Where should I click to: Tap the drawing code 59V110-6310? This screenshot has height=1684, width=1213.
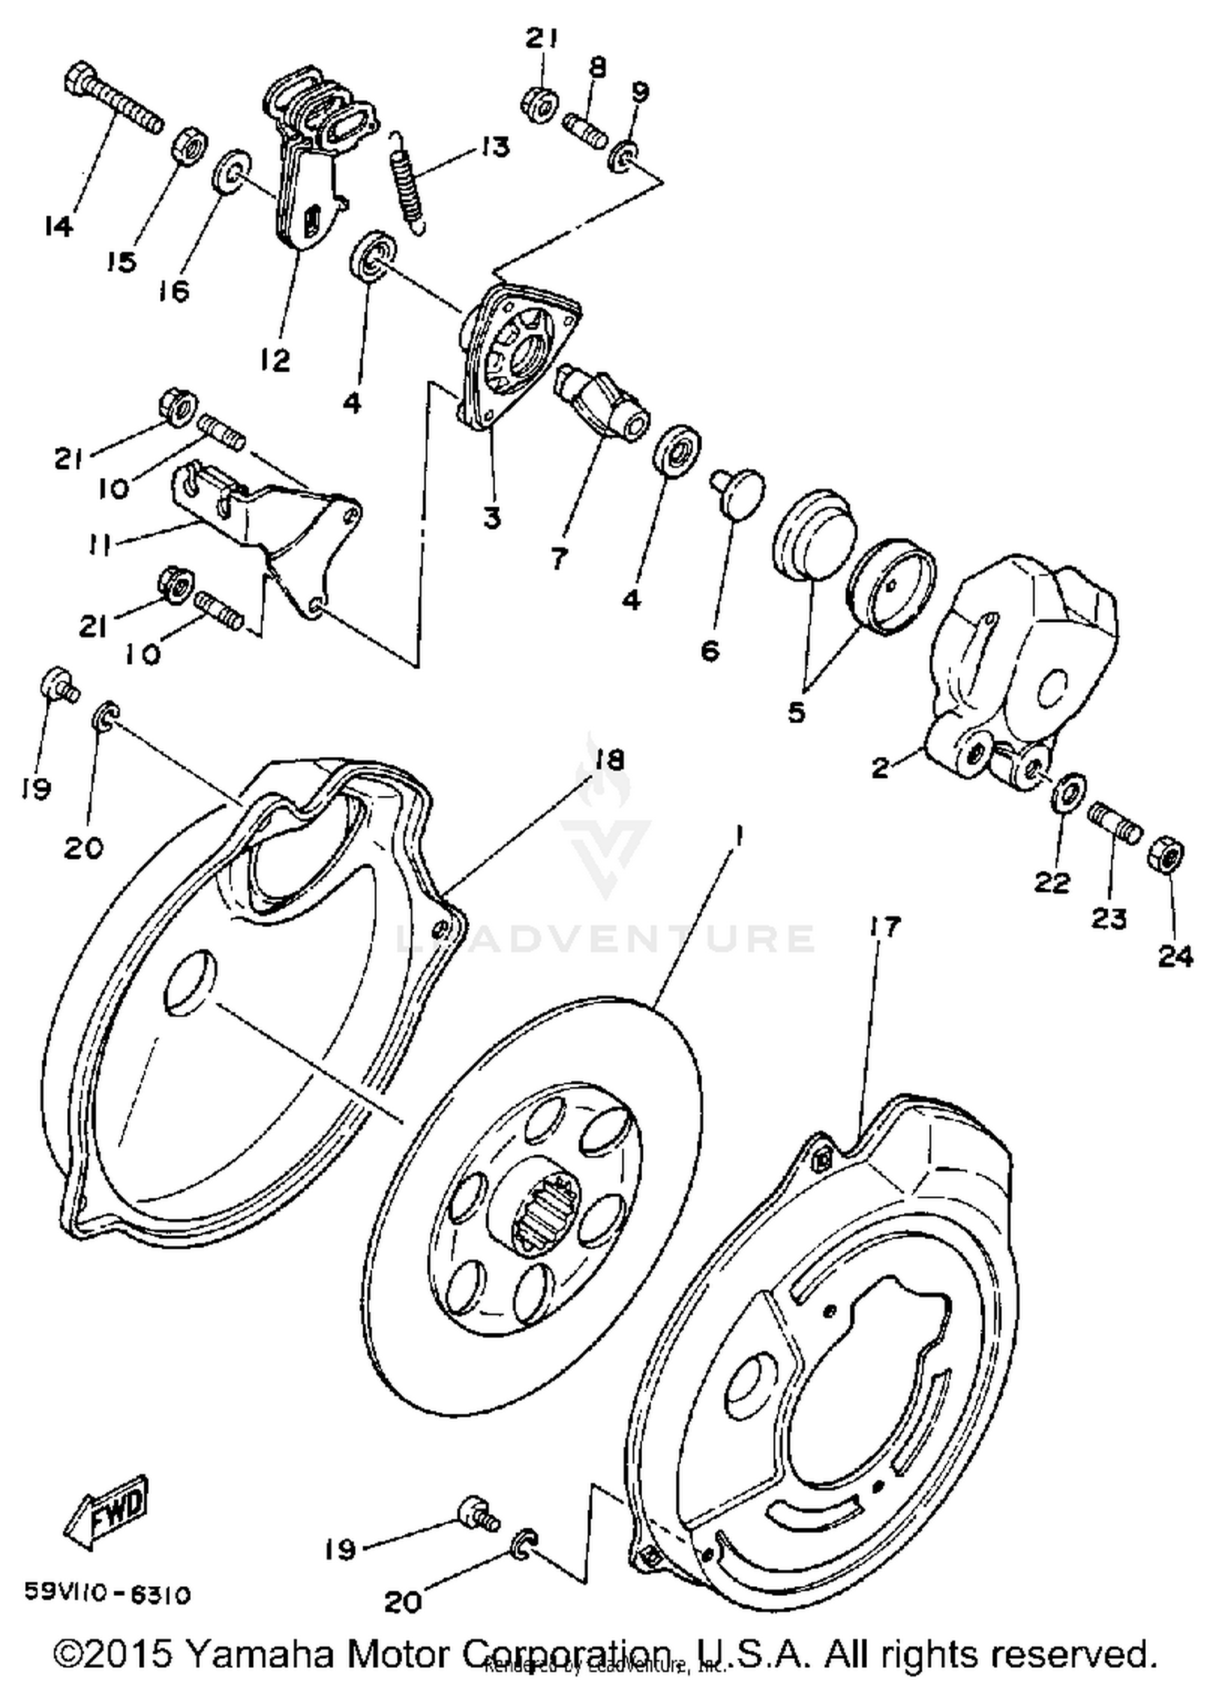(108, 1594)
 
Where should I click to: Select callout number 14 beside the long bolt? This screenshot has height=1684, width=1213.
(59, 226)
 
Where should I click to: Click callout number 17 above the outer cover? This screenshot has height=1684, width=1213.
(885, 927)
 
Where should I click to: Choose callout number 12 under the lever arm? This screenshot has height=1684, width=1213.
(276, 360)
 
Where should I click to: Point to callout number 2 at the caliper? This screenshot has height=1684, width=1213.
(881, 767)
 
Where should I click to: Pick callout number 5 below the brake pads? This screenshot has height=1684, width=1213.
(797, 712)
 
